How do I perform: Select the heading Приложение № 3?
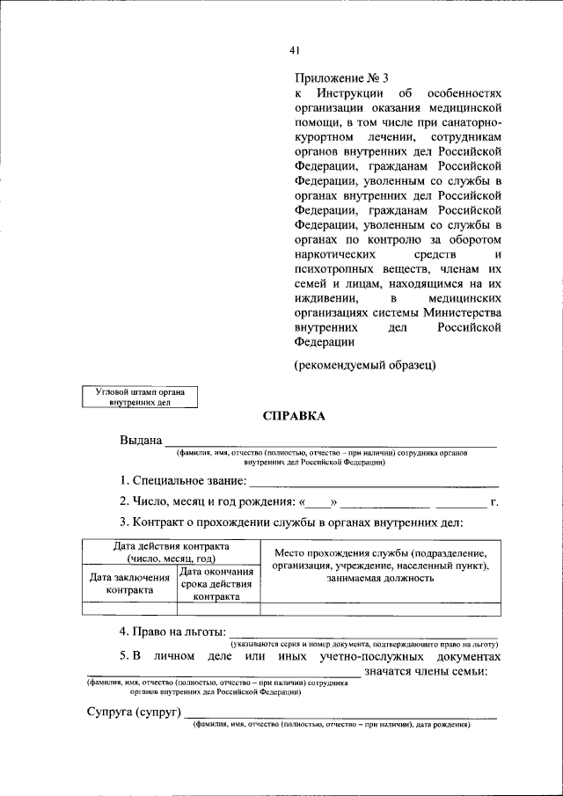pyautogui.click(x=339, y=77)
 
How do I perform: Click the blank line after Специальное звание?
pyautogui.click(x=374, y=481)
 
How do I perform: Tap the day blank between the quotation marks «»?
pyautogui.click(x=318, y=503)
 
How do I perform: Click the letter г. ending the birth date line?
pyautogui.click(x=495, y=502)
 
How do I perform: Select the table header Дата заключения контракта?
pyautogui.click(x=128, y=584)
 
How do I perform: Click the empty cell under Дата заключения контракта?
pyautogui.click(x=128, y=608)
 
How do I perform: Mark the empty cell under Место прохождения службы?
pyautogui.click(x=380, y=608)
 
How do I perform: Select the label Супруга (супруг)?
pyautogui.click(x=133, y=712)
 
